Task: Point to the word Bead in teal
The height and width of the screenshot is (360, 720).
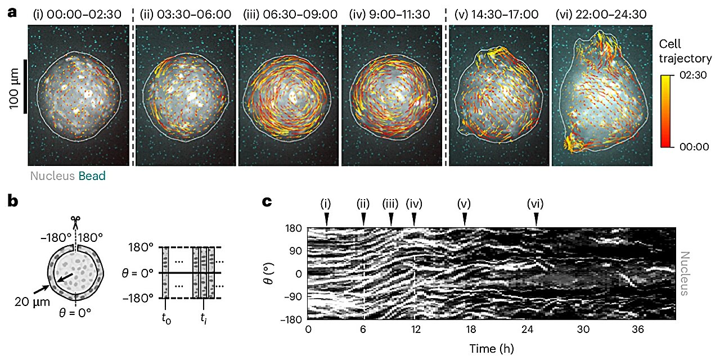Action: click(x=92, y=176)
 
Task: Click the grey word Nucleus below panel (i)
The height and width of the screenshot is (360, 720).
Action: click(x=52, y=176)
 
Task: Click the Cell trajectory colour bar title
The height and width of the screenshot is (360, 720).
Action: click(x=685, y=51)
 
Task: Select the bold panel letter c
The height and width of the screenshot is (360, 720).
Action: click(x=268, y=201)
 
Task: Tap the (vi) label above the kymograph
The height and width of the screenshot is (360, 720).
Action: click(x=536, y=204)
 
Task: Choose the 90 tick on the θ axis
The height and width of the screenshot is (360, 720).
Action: click(x=295, y=251)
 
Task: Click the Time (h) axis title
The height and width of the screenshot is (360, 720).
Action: click(x=491, y=349)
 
